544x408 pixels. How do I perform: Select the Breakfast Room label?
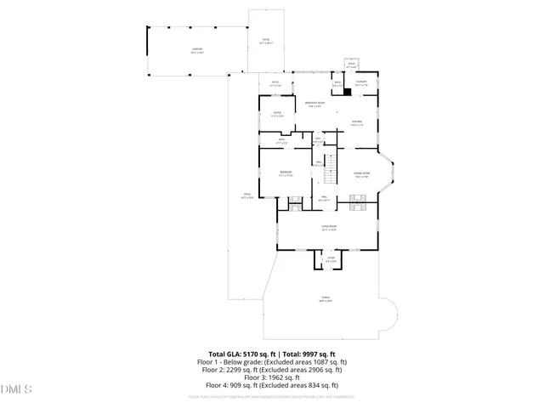[314, 105]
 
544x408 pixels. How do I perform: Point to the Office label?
[277, 115]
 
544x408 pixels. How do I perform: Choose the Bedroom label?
[286, 173]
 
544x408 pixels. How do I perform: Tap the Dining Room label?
[362, 173]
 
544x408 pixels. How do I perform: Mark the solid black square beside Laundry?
[347, 92]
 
